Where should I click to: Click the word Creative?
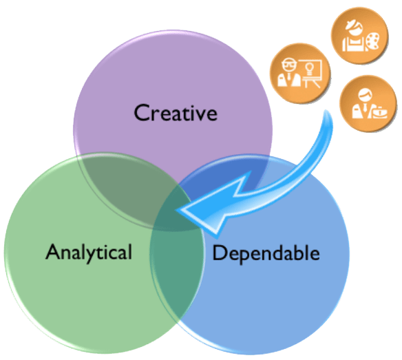176,113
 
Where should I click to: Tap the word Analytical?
89,253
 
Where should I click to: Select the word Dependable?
266,253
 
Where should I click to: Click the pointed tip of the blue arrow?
176,210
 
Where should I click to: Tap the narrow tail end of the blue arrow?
326,111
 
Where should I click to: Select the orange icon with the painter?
360,36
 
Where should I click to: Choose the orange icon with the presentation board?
300,73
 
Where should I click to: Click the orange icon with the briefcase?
368,103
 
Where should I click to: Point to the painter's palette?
372,41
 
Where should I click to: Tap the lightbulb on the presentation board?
310,69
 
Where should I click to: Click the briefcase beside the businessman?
380,113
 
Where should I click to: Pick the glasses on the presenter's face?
289,64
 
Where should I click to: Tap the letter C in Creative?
142,113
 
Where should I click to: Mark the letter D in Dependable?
220,253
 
